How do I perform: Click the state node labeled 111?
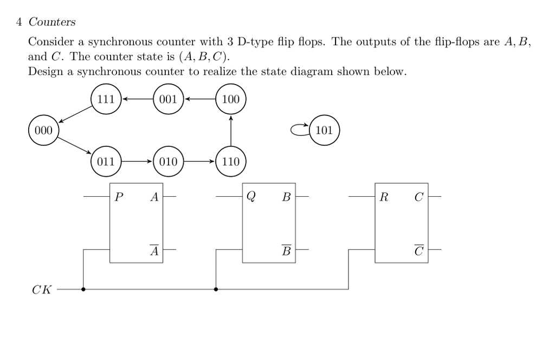pyautogui.click(x=106, y=99)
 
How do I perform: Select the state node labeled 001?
pyautogui.click(x=169, y=99)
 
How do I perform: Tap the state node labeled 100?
pyautogui.click(x=231, y=99)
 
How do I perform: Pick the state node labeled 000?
pyautogui.click(x=43, y=131)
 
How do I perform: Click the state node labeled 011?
pyautogui.click(x=106, y=162)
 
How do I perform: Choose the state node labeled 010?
pyautogui.click(x=169, y=162)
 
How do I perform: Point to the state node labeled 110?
pyautogui.click(x=231, y=162)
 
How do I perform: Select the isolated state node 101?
pyautogui.click(x=324, y=131)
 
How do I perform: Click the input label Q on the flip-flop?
pyautogui.click(x=251, y=197)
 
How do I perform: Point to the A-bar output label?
pyautogui.click(x=154, y=250)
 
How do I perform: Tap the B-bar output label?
pyautogui.click(x=286, y=250)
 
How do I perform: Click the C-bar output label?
pyautogui.click(x=418, y=250)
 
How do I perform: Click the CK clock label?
pyautogui.click(x=42, y=290)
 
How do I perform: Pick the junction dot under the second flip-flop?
pyautogui.click(x=216, y=289)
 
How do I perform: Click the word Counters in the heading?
pyautogui.click(x=52, y=22)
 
